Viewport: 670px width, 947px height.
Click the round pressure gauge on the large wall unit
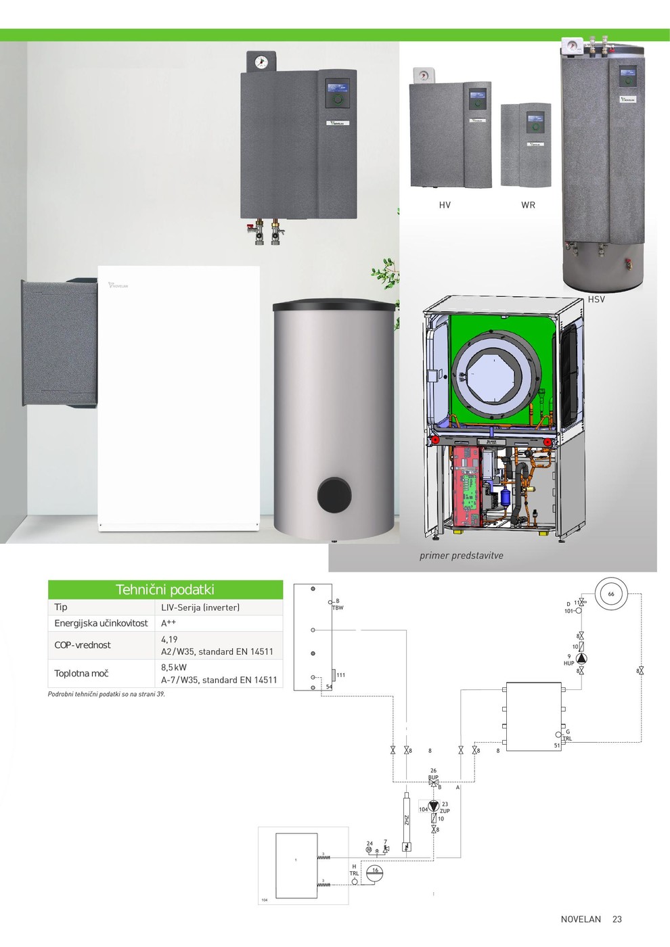pyautogui.click(x=261, y=62)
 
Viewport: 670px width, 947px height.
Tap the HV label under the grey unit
pyautogui.click(x=445, y=205)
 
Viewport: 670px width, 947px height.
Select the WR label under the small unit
pyautogui.click(x=528, y=205)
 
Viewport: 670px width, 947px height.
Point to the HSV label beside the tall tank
pyautogui.click(x=596, y=299)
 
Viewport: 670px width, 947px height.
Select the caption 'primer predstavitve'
pyautogui.click(x=461, y=555)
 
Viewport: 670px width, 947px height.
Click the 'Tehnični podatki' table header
pyautogui.click(x=165, y=589)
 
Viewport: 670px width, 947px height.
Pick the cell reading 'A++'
pyautogui.click(x=169, y=623)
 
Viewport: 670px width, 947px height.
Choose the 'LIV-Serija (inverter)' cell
pyautogui.click(x=200, y=607)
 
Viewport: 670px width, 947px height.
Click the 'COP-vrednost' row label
pyautogui.click(x=83, y=645)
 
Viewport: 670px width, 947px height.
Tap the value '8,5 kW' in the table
pyautogui.click(x=174, y=667)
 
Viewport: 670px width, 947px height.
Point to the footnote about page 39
pyautogui.click(x=106, y=694)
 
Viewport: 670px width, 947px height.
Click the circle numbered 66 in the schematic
pyautogui.click(x=611, y=594)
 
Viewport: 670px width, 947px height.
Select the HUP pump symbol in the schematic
pyautogui.click(x=581, y=658)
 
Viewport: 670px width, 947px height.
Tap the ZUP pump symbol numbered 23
pyautogui.click(x=434, y=806)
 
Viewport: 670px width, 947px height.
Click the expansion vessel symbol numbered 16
pyautogui.click(x=374, y=873)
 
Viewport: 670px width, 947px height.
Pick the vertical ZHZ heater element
pyautogui.click(x=407, y=821)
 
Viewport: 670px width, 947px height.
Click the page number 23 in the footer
pyautogui.click(x=617, y=919)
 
